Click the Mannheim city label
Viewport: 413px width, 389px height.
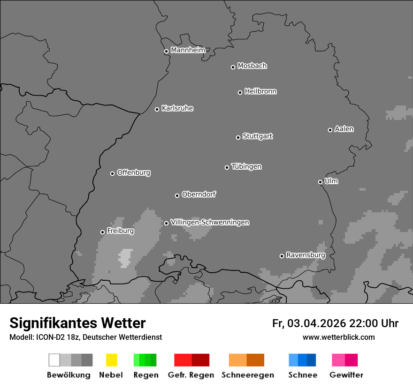[x=188, y=50]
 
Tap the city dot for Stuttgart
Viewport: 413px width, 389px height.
[x=238, y=137]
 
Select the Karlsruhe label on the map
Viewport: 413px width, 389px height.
[x=177, y=108]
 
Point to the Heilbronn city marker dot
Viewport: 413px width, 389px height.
[x=240, y=92]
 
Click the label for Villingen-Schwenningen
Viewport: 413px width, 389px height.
[x=210, y=222]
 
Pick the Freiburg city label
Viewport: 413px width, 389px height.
[x=120, y=231]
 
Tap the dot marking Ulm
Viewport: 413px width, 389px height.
[x=320, y=182]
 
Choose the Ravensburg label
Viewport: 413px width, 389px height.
[x=306, y=255]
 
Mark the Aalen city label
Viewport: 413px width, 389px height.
[x=344, y=129]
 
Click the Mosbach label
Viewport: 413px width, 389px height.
[x=252, y=66]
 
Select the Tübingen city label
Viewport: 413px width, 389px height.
[x=246, y=166]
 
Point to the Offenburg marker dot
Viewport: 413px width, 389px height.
[x=112, y=173]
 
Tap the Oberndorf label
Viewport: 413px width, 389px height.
[x=199, y=194]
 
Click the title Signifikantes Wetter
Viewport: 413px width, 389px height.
[x=77, y=323]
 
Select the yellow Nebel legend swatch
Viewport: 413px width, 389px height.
[x=111, y=360]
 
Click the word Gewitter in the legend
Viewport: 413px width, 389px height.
[x=346, y=375]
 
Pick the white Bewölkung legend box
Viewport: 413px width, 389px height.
[x=54, y=360]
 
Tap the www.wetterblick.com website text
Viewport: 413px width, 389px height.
[x=338, y=337]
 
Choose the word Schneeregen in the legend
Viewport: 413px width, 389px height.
[x=248, y=375]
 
